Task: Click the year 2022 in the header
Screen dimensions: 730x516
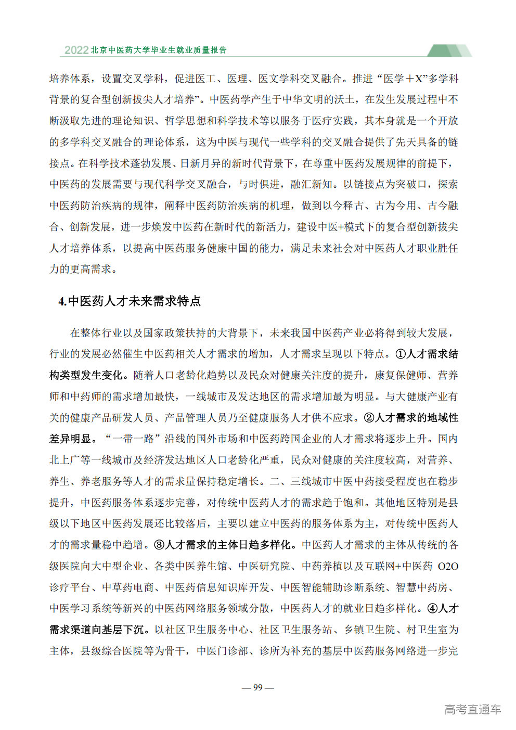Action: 76,50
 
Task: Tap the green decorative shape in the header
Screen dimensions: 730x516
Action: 448,50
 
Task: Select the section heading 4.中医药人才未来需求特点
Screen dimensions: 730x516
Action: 130,301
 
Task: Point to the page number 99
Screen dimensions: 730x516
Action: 258,687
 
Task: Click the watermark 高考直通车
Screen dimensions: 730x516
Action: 473,709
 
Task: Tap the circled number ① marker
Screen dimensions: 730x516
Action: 401,354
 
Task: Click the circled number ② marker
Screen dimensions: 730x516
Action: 369,418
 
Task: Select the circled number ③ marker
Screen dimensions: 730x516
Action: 159,545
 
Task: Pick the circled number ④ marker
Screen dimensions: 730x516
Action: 432,608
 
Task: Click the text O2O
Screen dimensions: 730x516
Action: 448,566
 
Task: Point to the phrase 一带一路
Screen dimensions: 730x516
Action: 133,439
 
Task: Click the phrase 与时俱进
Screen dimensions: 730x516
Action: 259,184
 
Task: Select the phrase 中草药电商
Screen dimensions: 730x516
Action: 128,587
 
